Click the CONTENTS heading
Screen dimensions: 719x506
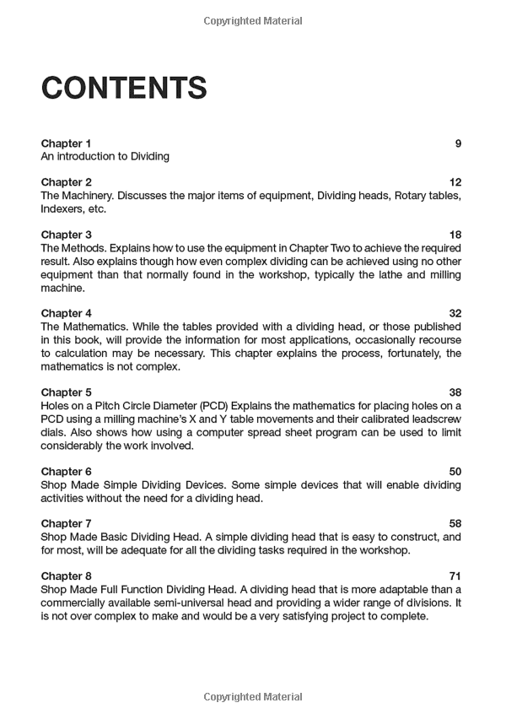point(124,88)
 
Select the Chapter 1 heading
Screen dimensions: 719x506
point(66,143)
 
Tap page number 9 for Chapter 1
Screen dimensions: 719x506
point(458,143)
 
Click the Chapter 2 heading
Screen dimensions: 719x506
point(66,182)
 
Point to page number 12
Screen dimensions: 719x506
point(455,182)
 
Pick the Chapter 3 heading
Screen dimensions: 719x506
point(66,235)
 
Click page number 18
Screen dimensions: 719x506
point(455,235)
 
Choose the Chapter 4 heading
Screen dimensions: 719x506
point(66,313)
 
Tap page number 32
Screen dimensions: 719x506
point(455,313)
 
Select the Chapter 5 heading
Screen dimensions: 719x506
point(66,392)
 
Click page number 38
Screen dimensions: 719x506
point(455,392)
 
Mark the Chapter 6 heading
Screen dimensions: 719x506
point(66,472)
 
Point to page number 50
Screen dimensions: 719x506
point(455,472)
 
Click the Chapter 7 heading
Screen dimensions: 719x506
point(66,524)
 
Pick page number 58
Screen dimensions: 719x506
point(455,524)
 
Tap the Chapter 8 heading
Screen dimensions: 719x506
point(66,576)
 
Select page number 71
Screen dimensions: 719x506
point(455,576)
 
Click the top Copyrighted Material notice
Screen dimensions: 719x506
point(253,20)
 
